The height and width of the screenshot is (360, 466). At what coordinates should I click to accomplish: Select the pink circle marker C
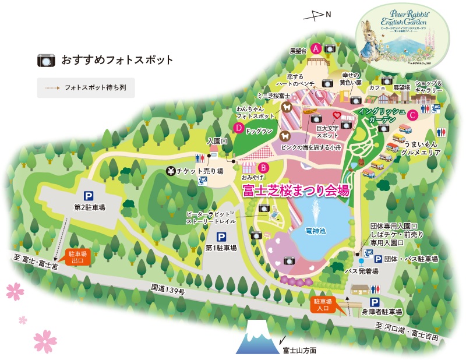(412, 115)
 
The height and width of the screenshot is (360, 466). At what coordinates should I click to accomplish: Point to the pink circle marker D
(238, 128)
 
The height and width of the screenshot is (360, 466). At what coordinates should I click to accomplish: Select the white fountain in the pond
(316, 210)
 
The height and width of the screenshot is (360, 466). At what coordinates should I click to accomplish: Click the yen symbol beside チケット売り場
(171, 171)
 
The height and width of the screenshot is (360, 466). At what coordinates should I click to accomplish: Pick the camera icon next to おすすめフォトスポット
(45, 60)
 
